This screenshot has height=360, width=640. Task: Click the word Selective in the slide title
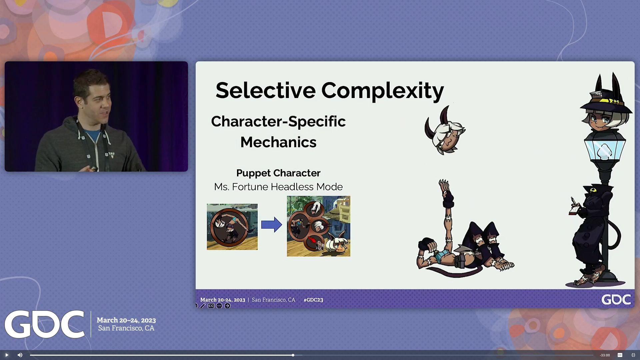click(265, 90)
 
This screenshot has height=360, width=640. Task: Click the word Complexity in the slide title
click(382, 90)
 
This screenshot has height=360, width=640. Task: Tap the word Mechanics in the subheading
click(278, 142)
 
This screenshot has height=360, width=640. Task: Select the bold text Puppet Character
click(278, 173)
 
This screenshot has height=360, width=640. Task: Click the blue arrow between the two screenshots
click(271, 225)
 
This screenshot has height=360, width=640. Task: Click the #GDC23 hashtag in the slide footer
click(313, 300)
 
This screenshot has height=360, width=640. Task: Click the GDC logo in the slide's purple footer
click(616, 299)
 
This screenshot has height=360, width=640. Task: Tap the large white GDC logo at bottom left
click(44, 324)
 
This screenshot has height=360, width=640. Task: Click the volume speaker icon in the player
click(20, 355)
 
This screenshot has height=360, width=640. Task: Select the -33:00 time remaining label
click(605, 355)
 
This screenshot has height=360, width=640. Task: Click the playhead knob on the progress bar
click(293, 355)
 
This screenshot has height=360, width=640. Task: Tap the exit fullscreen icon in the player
click(633, 355)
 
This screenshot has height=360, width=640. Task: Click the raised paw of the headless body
click(444, 185)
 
